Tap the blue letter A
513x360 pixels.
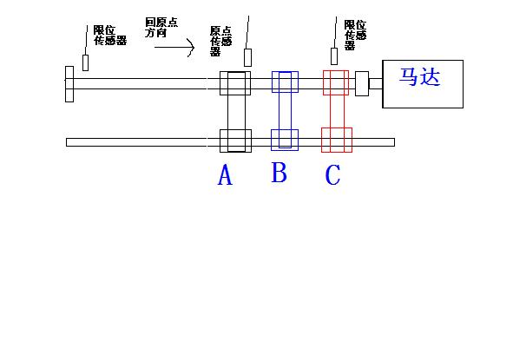(x=225, y=175)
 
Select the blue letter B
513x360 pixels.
(x=280, y=173)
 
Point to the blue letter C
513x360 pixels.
(x=333, y=174)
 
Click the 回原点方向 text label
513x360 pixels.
(x=161, y=28)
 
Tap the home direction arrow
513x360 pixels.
(x=174, y=48)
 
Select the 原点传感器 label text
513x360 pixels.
(x=220, y=41)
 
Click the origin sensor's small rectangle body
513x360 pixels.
(x=247, y=57)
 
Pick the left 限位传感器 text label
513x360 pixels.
(x=110, y=36)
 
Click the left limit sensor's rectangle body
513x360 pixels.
(x=85, y=62)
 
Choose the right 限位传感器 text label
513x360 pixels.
(x=355, y=35)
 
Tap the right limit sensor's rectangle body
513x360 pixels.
(x=334, y=56)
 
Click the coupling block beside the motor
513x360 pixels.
(x=362, y=83)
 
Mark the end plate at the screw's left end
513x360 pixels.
(x=69, y=84)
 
